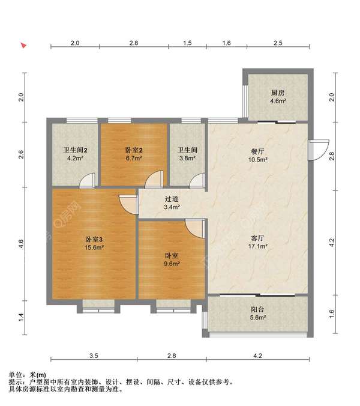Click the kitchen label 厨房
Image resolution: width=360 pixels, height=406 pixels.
pos(278,93)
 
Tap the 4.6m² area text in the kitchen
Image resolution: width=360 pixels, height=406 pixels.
pos(278,101)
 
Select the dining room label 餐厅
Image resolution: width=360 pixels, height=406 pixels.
pos(257,151)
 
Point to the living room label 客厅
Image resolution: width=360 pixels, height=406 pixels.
pos(257,238)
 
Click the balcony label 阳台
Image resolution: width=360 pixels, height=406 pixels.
pos(257,309)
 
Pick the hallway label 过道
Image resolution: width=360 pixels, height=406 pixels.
pos(172,199)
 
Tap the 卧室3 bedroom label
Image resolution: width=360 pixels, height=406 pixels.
pos(94,239)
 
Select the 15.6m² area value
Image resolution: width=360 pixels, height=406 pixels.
pos(94,247)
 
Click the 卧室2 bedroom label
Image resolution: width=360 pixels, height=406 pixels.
pos(134,150)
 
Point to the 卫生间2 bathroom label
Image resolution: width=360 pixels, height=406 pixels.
pos(75,150)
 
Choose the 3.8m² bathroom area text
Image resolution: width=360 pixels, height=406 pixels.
pos(187,158)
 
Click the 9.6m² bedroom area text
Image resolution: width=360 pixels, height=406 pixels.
pos(172,264)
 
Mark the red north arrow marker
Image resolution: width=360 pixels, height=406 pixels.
pos(23,45)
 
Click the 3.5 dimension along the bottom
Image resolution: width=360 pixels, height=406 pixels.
pos(94,356)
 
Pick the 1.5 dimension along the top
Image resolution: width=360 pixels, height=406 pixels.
pos(187,43)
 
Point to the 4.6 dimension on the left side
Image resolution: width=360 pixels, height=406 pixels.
pos(21,244)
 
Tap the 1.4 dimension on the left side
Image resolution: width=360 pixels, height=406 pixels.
pos(21,318)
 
